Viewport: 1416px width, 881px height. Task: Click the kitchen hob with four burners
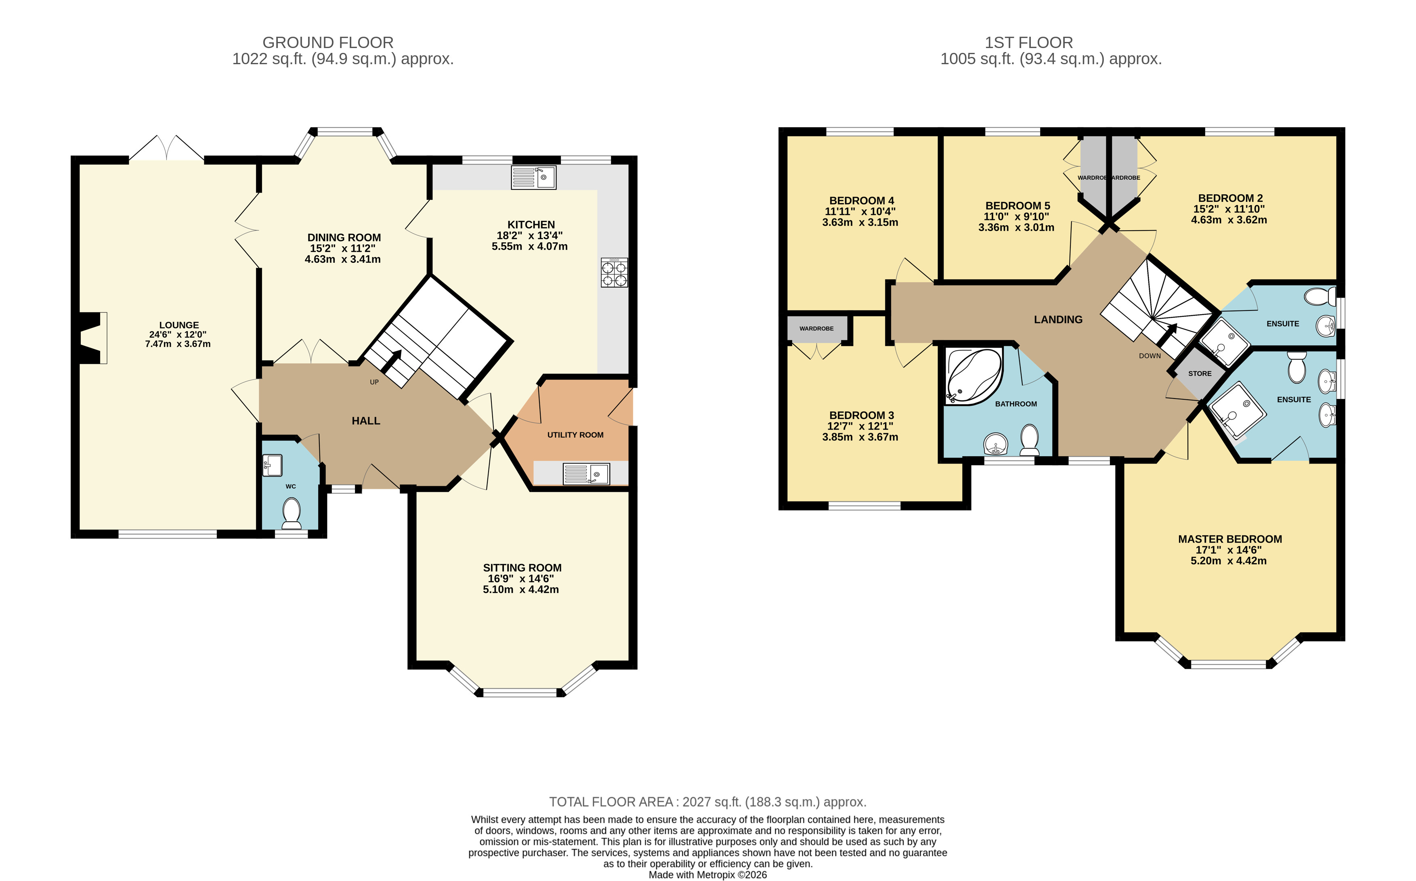(x=614, y=273)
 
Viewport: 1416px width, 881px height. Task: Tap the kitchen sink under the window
(x=533, y=178)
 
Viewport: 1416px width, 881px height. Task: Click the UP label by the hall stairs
(x=374, y=382)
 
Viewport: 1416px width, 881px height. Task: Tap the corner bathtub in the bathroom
(x=973, y=376)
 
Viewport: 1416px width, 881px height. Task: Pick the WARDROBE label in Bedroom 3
(x=816, y=329)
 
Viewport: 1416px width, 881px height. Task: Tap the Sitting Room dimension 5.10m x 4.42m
(x=520, y=589)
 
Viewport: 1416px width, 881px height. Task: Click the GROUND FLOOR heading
(x=328, y=42)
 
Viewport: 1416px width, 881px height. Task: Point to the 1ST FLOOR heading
(x=1028, y=42)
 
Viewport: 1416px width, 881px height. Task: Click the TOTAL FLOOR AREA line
(x=707, y=802)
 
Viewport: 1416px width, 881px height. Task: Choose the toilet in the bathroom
(x=1030, y=440)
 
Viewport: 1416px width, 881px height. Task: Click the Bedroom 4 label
(x=861, y=200)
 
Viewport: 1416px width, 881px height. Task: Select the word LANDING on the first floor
(x=1058, y=319)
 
